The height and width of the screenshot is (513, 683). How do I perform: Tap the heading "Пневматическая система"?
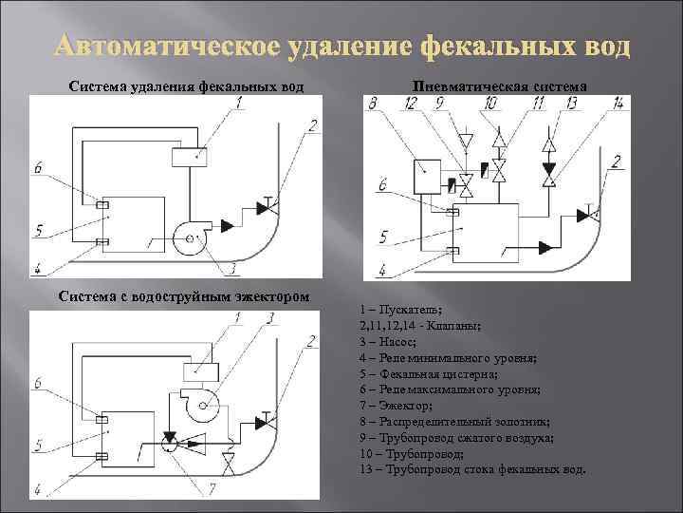500,86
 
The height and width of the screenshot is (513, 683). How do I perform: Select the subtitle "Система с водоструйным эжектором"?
183,295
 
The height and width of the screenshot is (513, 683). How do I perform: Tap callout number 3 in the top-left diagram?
231,268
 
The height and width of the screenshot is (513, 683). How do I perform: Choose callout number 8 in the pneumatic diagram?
372,103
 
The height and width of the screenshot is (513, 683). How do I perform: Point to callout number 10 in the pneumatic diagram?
489,103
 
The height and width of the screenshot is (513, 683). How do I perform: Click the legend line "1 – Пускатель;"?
401,310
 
